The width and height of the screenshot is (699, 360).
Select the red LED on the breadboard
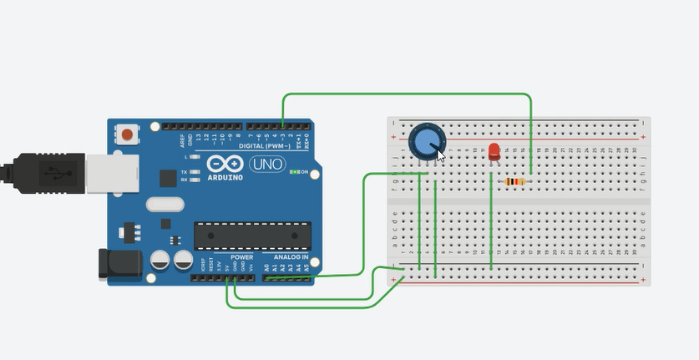[494, 151]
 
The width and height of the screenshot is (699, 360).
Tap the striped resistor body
[515, 181]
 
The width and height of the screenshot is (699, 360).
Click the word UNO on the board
[267, 163]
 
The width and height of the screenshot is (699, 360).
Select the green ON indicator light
[293, 172]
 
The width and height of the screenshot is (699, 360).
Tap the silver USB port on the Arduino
[104, 172]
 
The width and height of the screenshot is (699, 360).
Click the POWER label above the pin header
[241, 257]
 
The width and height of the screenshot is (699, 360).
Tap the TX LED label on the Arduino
[184, 172]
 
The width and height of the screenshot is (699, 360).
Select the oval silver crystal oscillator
[163, 205]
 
